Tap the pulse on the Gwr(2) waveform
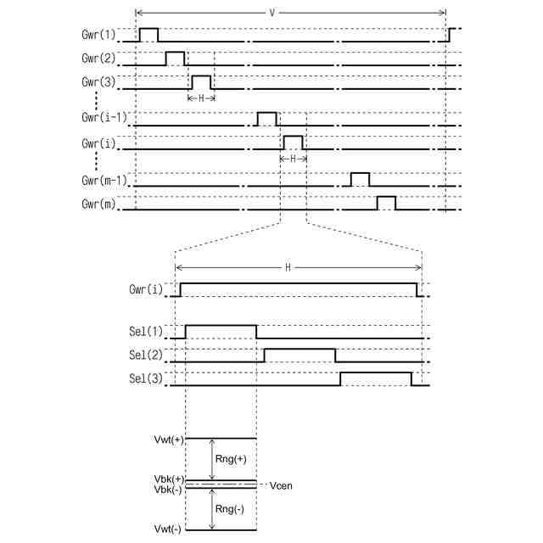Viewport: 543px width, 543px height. click(175, 58)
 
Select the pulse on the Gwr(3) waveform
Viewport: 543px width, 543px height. click(201, 81)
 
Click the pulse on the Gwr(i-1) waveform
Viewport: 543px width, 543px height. click(266, 118)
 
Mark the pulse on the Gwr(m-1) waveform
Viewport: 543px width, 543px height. click(360, 178)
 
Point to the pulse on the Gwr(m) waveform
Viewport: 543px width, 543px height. click(386, 202)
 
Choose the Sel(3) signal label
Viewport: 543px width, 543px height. click(147, 379)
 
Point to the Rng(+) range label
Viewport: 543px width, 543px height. click(231, 459)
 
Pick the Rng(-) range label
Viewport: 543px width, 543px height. click(231, 510)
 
